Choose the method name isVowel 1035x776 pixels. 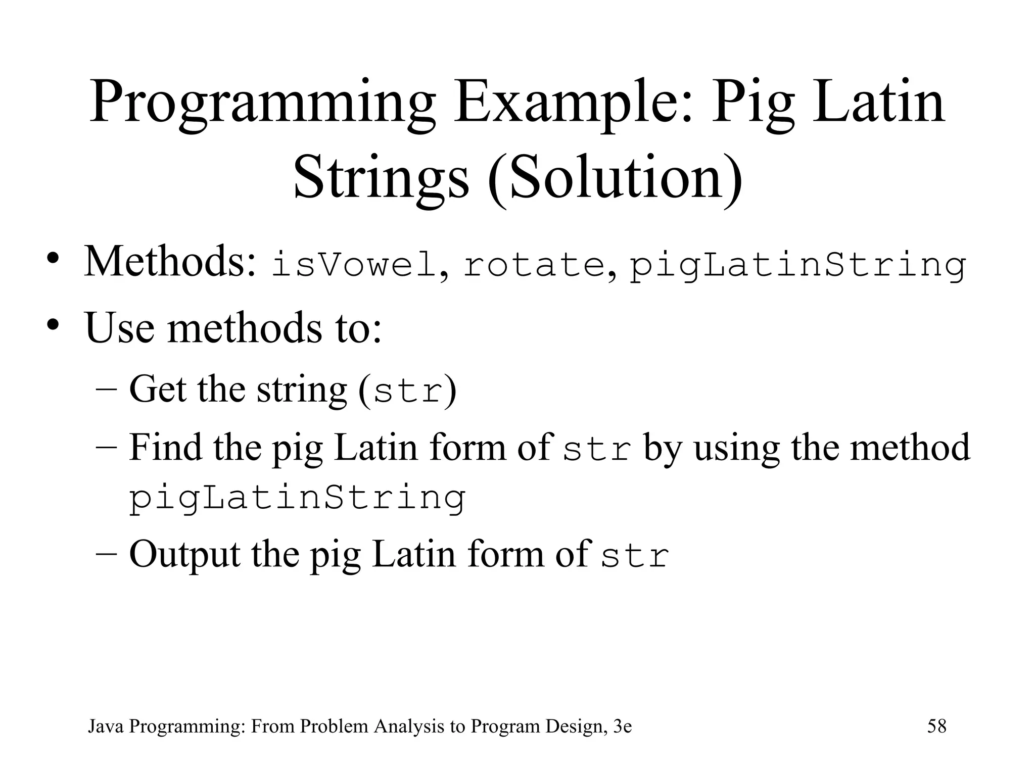(354, 265)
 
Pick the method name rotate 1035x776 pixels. (534, 266)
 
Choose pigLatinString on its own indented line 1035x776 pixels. (297, 499)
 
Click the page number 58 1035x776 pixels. (936, 726)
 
